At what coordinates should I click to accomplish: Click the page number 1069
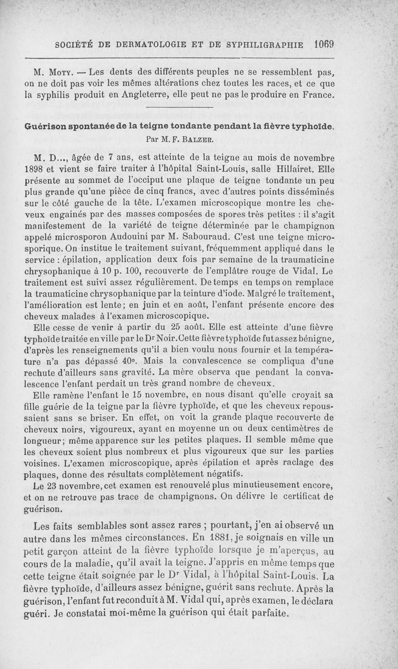(x=323, y=43)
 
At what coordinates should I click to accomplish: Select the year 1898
(x=35, y=167)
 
